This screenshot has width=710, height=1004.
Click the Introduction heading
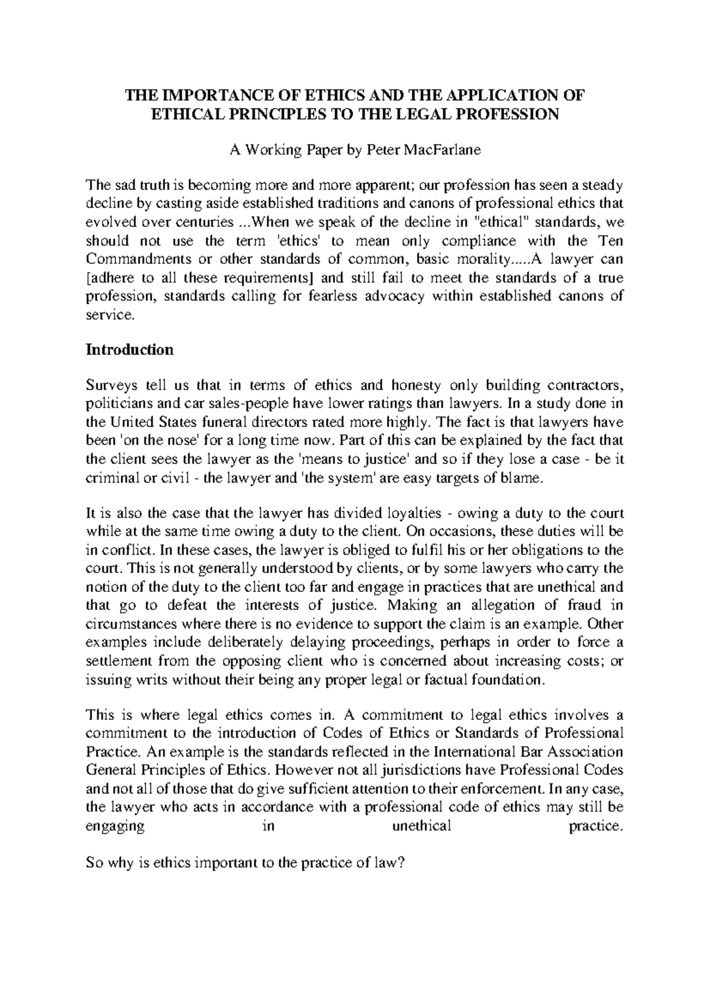click(130, 349)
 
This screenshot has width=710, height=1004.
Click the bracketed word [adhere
click(109, 278)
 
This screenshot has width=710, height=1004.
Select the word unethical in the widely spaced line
click(421, 826)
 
